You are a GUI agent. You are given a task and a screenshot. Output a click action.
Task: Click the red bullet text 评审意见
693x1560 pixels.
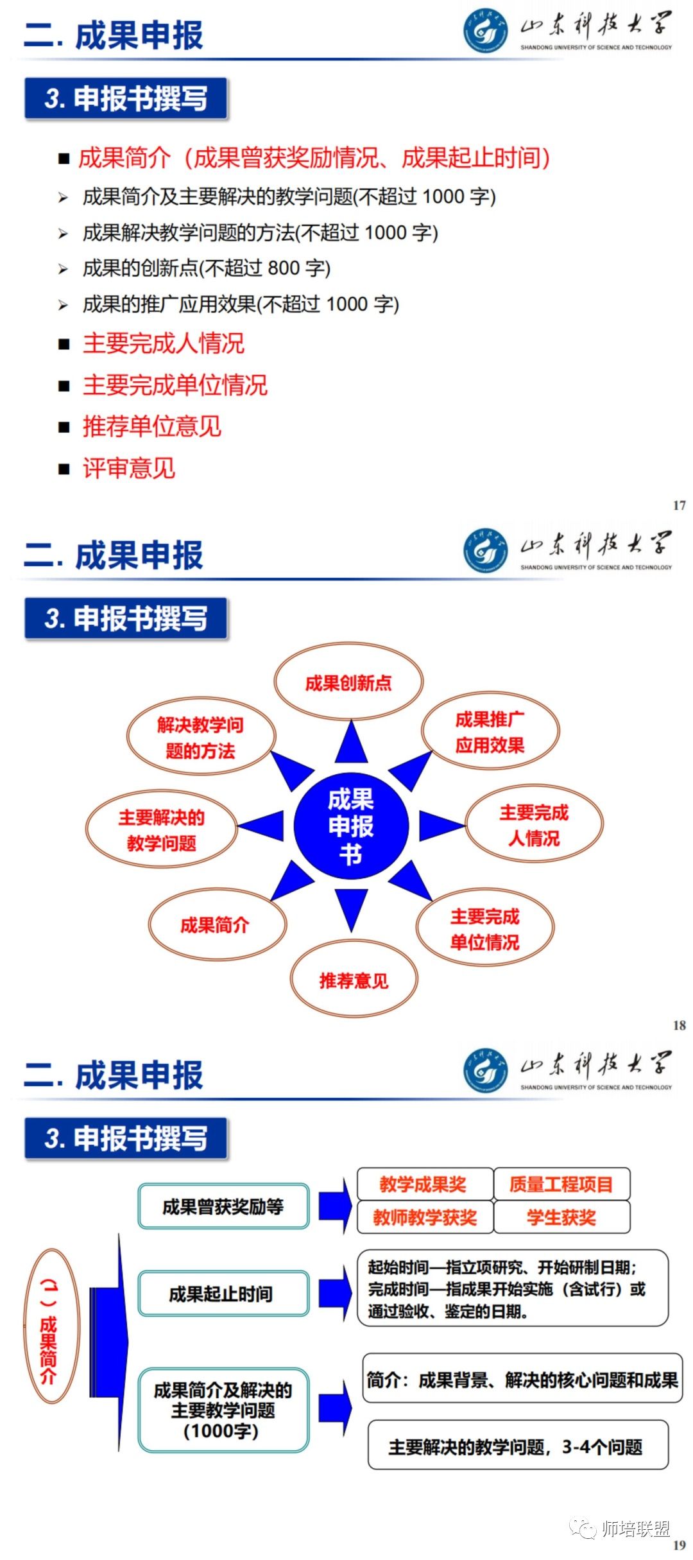(x=128, y=468)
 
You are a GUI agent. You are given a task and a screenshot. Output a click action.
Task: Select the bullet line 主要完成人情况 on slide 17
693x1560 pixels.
(x=163, y=343)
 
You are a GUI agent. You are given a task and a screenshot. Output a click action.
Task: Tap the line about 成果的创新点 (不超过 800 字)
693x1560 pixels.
(x=206, y=268)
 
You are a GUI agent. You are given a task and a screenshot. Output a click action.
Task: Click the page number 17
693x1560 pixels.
(x=679, y=505)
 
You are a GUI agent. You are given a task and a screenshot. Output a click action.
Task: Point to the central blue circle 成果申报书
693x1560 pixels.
(x=351, y=826)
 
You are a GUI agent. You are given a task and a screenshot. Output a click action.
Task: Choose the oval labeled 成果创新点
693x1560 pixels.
(x=348, y=682)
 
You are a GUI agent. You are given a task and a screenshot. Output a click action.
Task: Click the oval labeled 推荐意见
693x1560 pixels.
(x=354, y=980)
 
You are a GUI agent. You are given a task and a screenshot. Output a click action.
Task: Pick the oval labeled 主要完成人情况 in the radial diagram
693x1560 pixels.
(x=534, y=825)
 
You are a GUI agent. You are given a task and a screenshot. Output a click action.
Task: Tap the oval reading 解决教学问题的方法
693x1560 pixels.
(x=201, y=738)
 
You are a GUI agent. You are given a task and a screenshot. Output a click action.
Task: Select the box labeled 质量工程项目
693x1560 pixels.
(x=561, y=1184)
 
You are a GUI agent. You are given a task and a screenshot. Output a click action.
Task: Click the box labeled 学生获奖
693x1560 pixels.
(x=561, y=1217)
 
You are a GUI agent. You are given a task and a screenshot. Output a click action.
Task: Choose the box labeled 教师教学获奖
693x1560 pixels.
(x=425, y=1217)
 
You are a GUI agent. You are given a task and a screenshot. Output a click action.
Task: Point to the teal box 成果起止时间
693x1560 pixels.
(x=223, y=1294)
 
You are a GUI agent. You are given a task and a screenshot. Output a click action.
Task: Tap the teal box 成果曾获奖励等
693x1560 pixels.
(x=223, y=1206)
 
